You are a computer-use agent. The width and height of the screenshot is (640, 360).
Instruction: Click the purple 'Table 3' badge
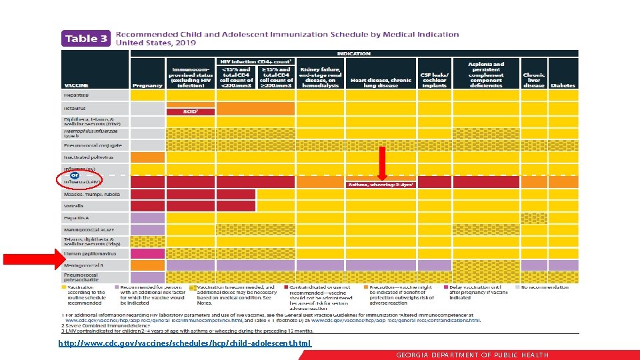85,39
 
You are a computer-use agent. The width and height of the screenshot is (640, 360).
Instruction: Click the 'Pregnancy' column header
147,85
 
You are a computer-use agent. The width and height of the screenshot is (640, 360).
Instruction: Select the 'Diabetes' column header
563,85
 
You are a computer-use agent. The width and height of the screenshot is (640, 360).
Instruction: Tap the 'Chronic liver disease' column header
533,80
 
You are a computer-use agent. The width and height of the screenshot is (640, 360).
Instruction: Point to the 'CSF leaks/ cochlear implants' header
435,80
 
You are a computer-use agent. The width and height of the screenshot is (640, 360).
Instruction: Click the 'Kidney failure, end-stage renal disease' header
320,77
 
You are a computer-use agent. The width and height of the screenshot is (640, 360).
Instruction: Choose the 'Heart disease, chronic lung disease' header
381,83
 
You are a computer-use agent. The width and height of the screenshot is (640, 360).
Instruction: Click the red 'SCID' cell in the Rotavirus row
190,111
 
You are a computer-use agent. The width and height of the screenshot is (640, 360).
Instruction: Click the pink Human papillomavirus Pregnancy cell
147,253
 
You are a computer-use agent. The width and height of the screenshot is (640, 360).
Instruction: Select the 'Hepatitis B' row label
79,95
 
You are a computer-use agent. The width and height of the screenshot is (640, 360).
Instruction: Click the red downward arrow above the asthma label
382,162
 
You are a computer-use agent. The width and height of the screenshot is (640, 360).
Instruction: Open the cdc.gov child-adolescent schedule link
185,343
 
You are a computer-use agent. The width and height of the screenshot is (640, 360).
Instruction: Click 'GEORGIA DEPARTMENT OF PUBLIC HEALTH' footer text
472,355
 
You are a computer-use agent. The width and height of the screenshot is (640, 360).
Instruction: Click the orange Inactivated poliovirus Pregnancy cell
147,157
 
